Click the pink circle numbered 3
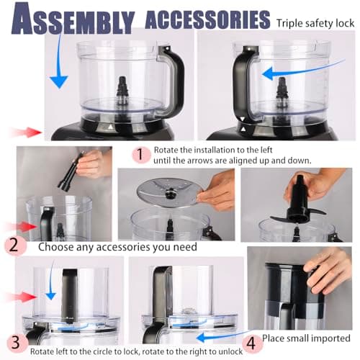coord(14,339)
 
